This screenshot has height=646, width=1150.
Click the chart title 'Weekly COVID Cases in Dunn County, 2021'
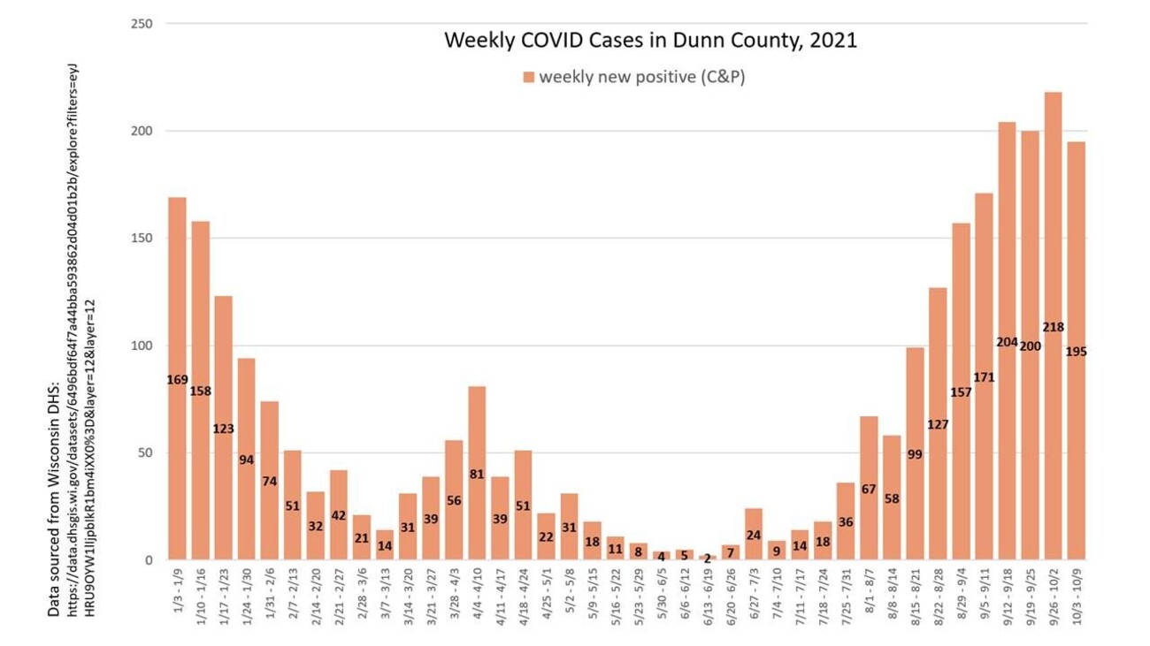click(x=649, y=41)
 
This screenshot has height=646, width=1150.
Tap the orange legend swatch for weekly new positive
click(x=528, y=78)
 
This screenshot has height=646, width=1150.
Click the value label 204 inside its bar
click(x=1007, y=341)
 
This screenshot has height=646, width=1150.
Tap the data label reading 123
click(x=223, y=429)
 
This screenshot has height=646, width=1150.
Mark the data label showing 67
click(x=869, y=490)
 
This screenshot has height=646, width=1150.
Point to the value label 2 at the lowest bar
click(x=707, y=559)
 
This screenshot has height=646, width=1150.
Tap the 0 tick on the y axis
click(x=149, y=560)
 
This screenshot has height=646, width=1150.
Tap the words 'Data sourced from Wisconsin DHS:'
click(x=53, y=499)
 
